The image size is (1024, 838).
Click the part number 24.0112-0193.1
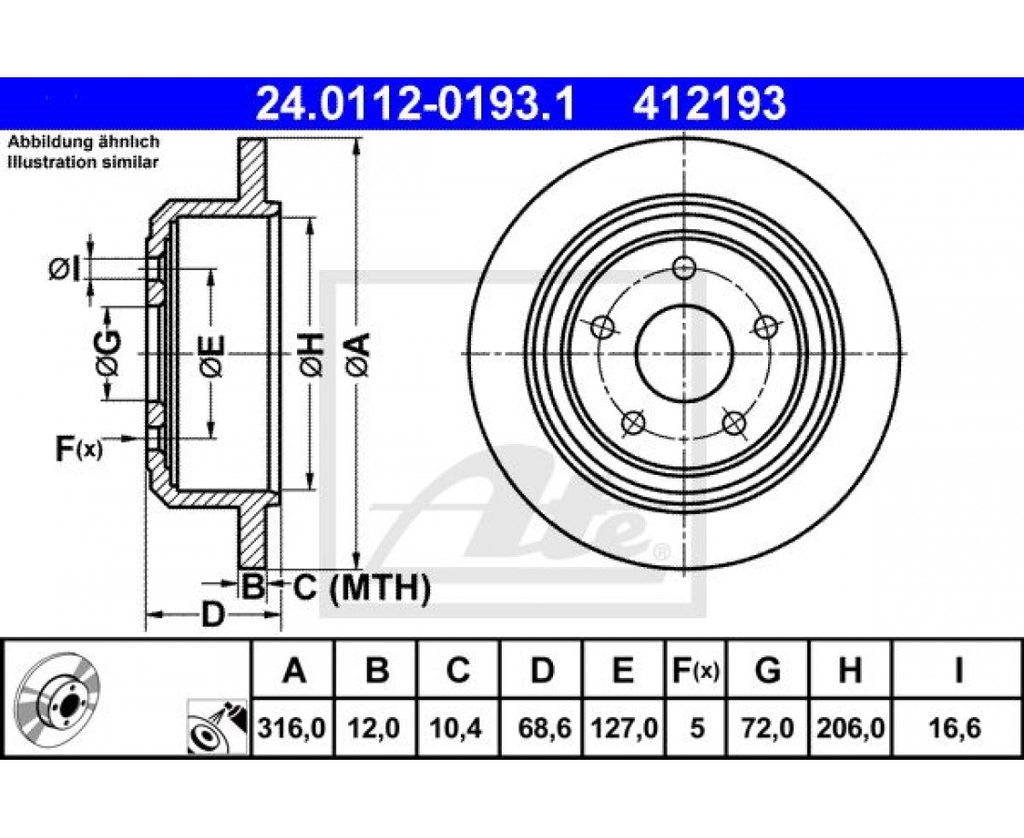tap(415, 104)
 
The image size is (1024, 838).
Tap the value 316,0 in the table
tap(292, 727)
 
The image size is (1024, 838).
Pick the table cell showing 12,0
tap(375, 727)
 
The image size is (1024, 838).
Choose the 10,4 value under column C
tap(457, 727)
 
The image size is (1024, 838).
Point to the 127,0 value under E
tap(624, 727)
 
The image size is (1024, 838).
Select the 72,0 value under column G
tap(768, 727)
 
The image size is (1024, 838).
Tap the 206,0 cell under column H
tap(850, 727)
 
